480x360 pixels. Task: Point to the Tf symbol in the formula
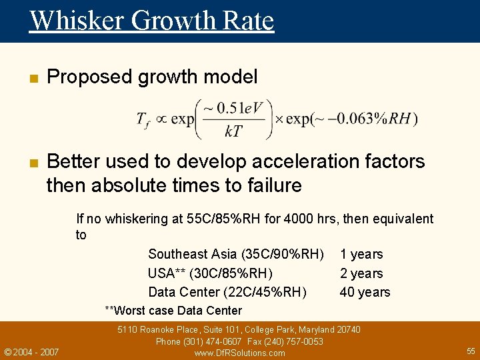click(143, 120)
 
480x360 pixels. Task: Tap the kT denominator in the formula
click(233, 132)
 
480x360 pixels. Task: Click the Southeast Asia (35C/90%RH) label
click(236, 254)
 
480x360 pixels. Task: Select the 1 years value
click(361, 254)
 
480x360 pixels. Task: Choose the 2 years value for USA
click(361, 273)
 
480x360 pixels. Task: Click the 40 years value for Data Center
click(365, 292)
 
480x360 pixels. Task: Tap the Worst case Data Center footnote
click(174, 311)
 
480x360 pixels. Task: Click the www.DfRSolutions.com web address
click(239, 353)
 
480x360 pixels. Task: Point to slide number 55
click(471, 351)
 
